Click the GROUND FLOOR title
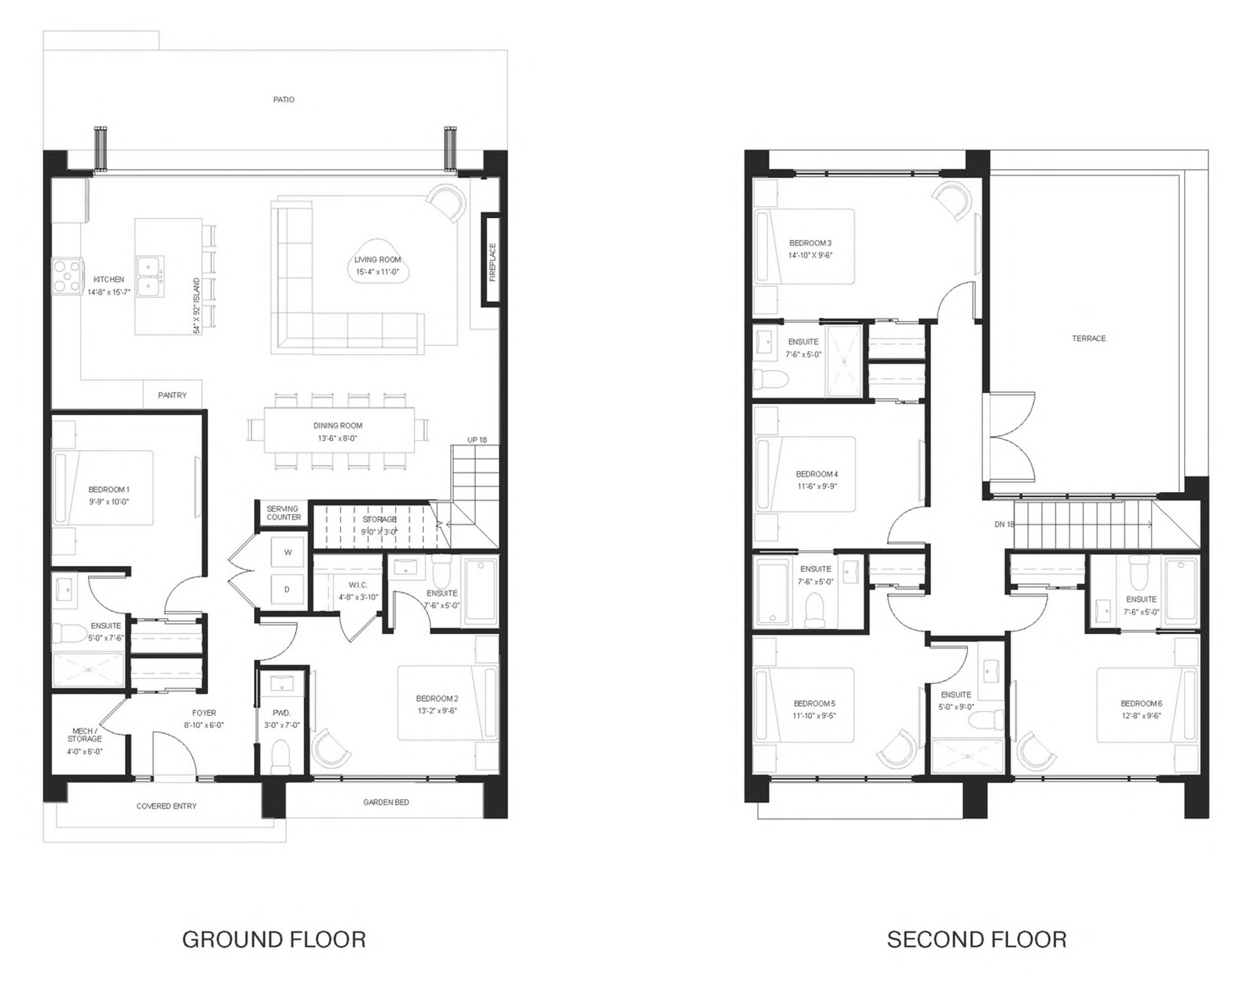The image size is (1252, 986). tap(274, 939)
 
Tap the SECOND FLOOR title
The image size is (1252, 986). tap(976, 939)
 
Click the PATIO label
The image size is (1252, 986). tap(284, 100)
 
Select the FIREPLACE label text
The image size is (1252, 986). tap(493, 262)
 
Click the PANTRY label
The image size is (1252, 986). tap(172, 396)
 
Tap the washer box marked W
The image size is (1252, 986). tap(288, 552)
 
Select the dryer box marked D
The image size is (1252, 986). tap(288, 589)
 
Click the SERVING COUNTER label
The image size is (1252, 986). tap(283, 513)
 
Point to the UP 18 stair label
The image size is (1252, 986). tap(477, 440)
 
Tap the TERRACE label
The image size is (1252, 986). tap(1089, 339)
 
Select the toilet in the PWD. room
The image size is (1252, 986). tap(281, 756)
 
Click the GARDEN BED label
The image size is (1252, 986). tap(386, 802)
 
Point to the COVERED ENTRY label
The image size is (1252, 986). tap(166, 806)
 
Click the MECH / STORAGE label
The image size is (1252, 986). tap(84, 735)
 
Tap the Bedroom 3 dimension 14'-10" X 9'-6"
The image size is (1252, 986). tap(810, 256)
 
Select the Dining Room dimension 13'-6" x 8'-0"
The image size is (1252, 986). tap(337, 438)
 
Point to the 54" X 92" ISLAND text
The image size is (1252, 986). tap(197, 306)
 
